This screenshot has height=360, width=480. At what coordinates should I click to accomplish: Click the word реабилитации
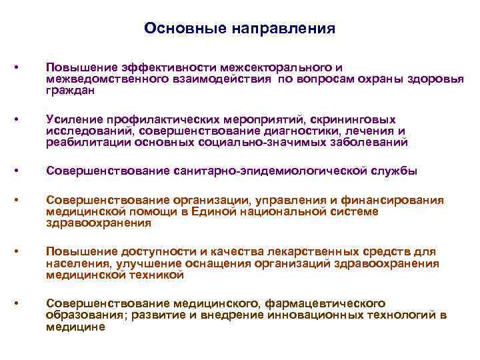88,141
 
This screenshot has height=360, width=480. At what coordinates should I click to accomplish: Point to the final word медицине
75,327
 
